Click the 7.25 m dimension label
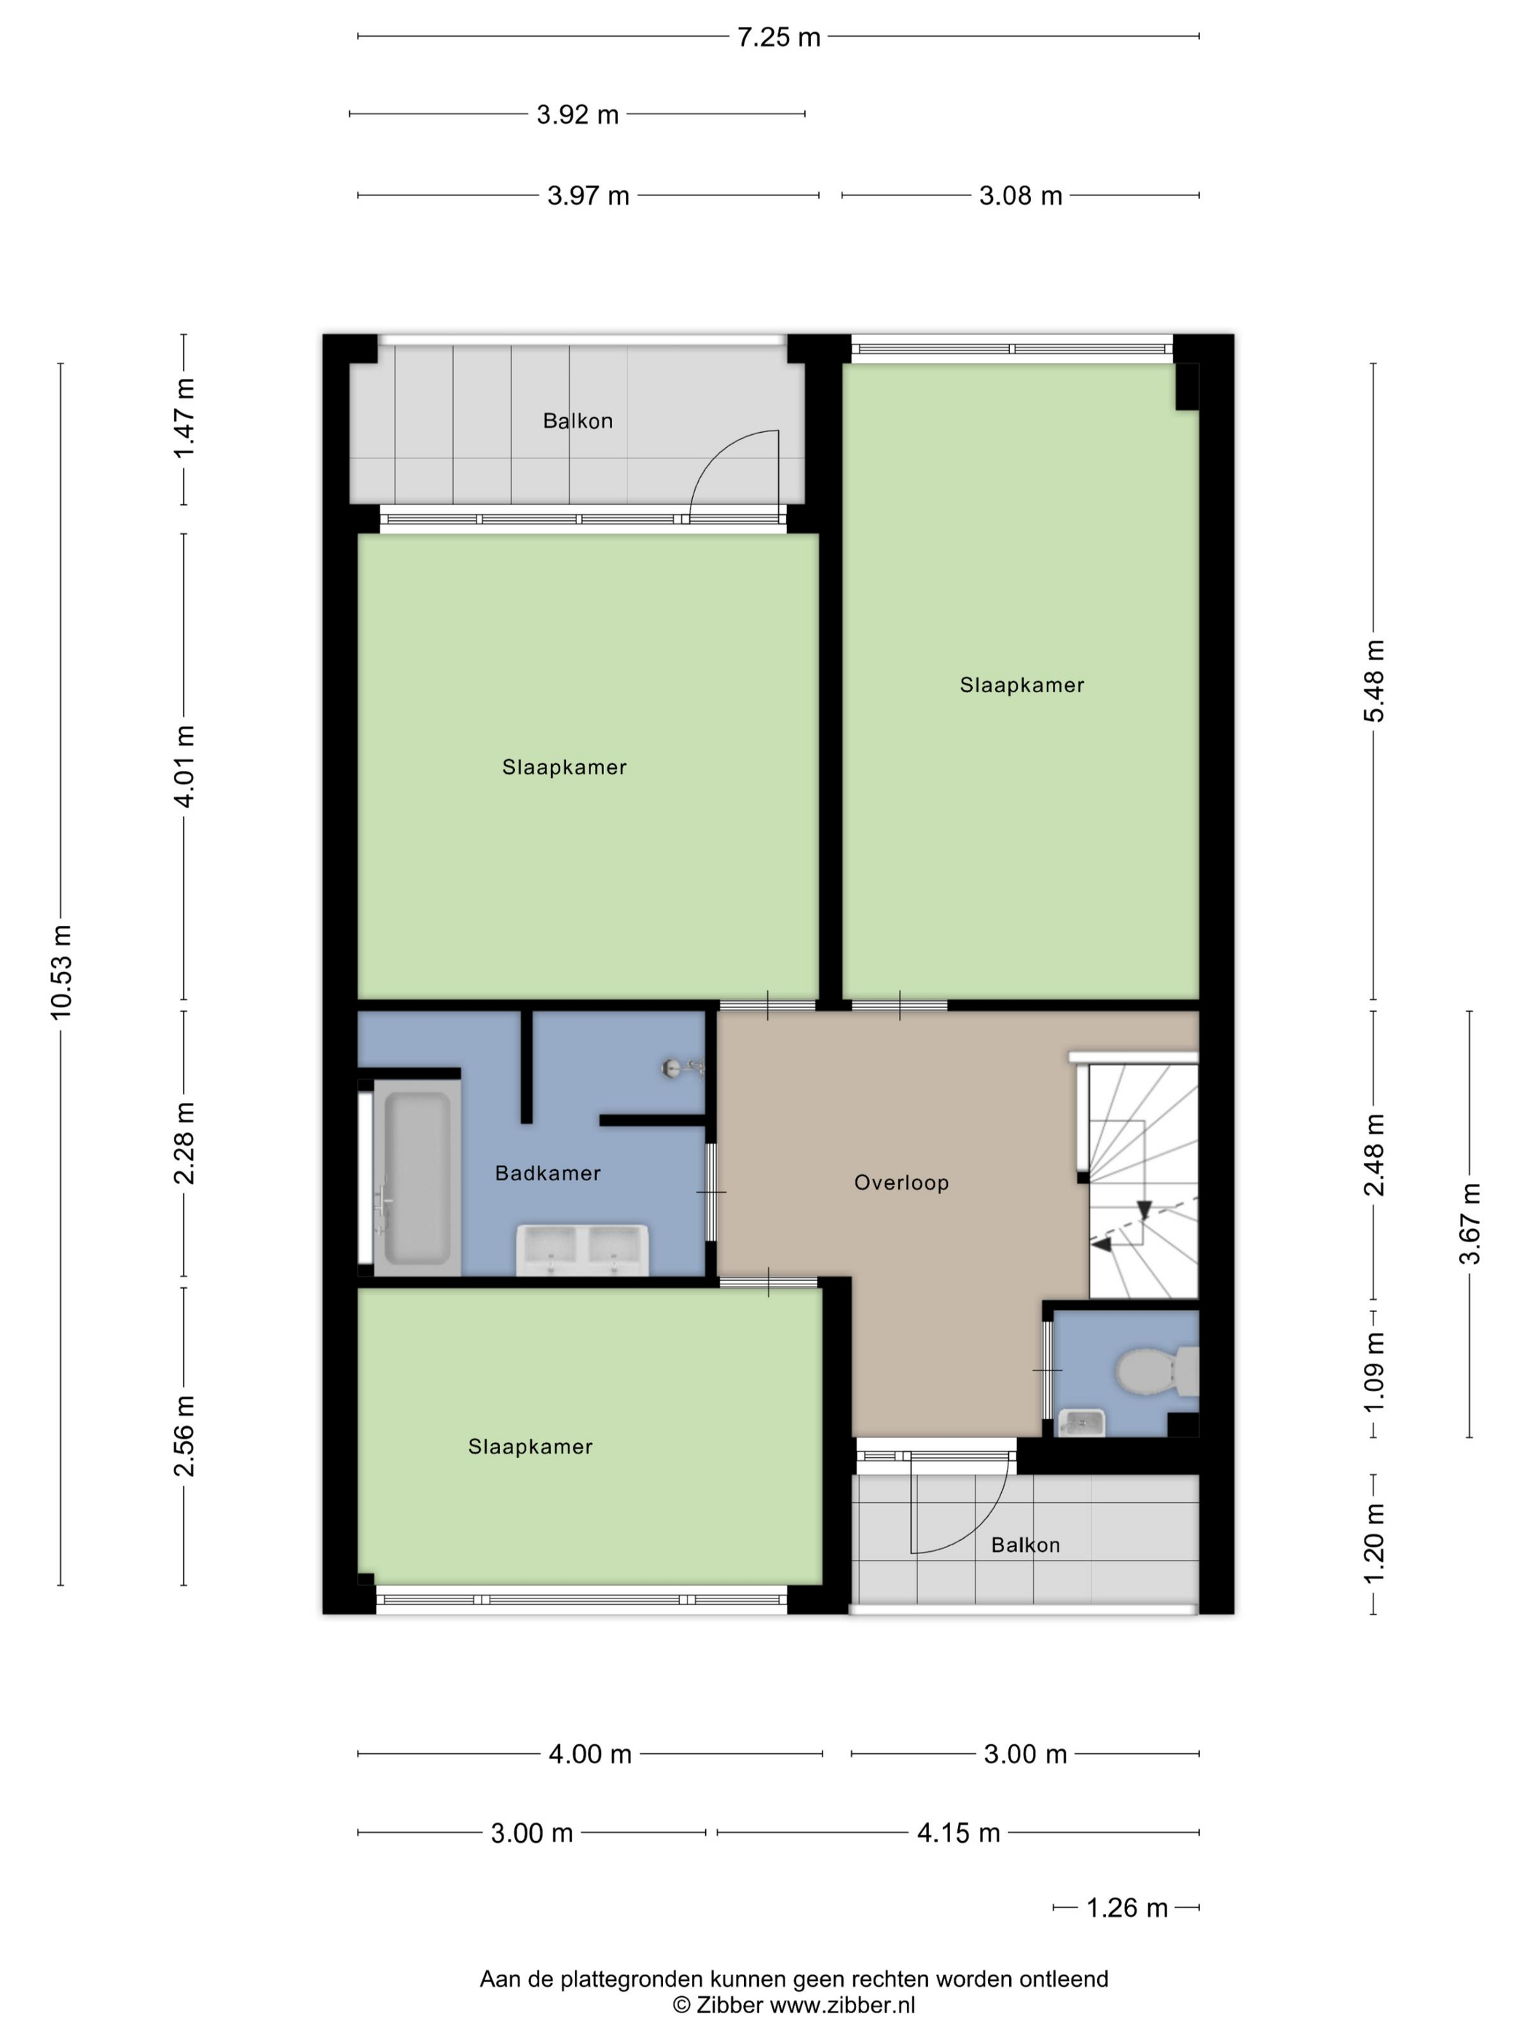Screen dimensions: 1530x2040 (x=778, y=37)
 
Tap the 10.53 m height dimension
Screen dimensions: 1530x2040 (x=61, y=971)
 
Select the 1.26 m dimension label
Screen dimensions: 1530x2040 (x=1127, y=1907)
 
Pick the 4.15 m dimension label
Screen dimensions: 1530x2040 (x=958, y=1832)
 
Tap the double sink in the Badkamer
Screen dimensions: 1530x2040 (x=582, y=1249)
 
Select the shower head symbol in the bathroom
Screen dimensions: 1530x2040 (x=683, y=1068)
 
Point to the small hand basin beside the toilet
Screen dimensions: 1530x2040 (x=1081, y=1423)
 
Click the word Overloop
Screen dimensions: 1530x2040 (x=901, y=1182)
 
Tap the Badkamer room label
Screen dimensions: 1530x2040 (x=548, y=1173)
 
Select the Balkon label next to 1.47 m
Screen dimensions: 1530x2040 (x=577, y=420)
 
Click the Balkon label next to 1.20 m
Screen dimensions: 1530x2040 (x=1026, y=1545)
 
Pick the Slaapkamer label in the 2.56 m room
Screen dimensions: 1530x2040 (x=530, y=1446)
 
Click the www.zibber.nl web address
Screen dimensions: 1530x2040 (x=842, y=2004)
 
